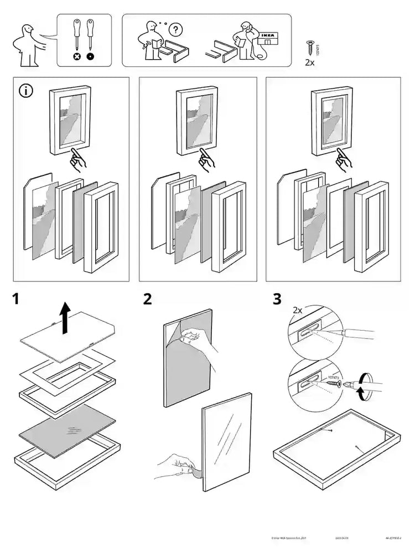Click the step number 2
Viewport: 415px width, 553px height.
(148, 300)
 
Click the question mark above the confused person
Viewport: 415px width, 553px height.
(176, 28)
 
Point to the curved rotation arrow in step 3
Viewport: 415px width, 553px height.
(362, 385)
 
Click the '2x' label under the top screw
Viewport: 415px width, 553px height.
(310, 63)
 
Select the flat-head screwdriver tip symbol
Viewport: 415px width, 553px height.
(90, 56)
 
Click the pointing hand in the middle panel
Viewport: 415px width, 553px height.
(207, 158)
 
